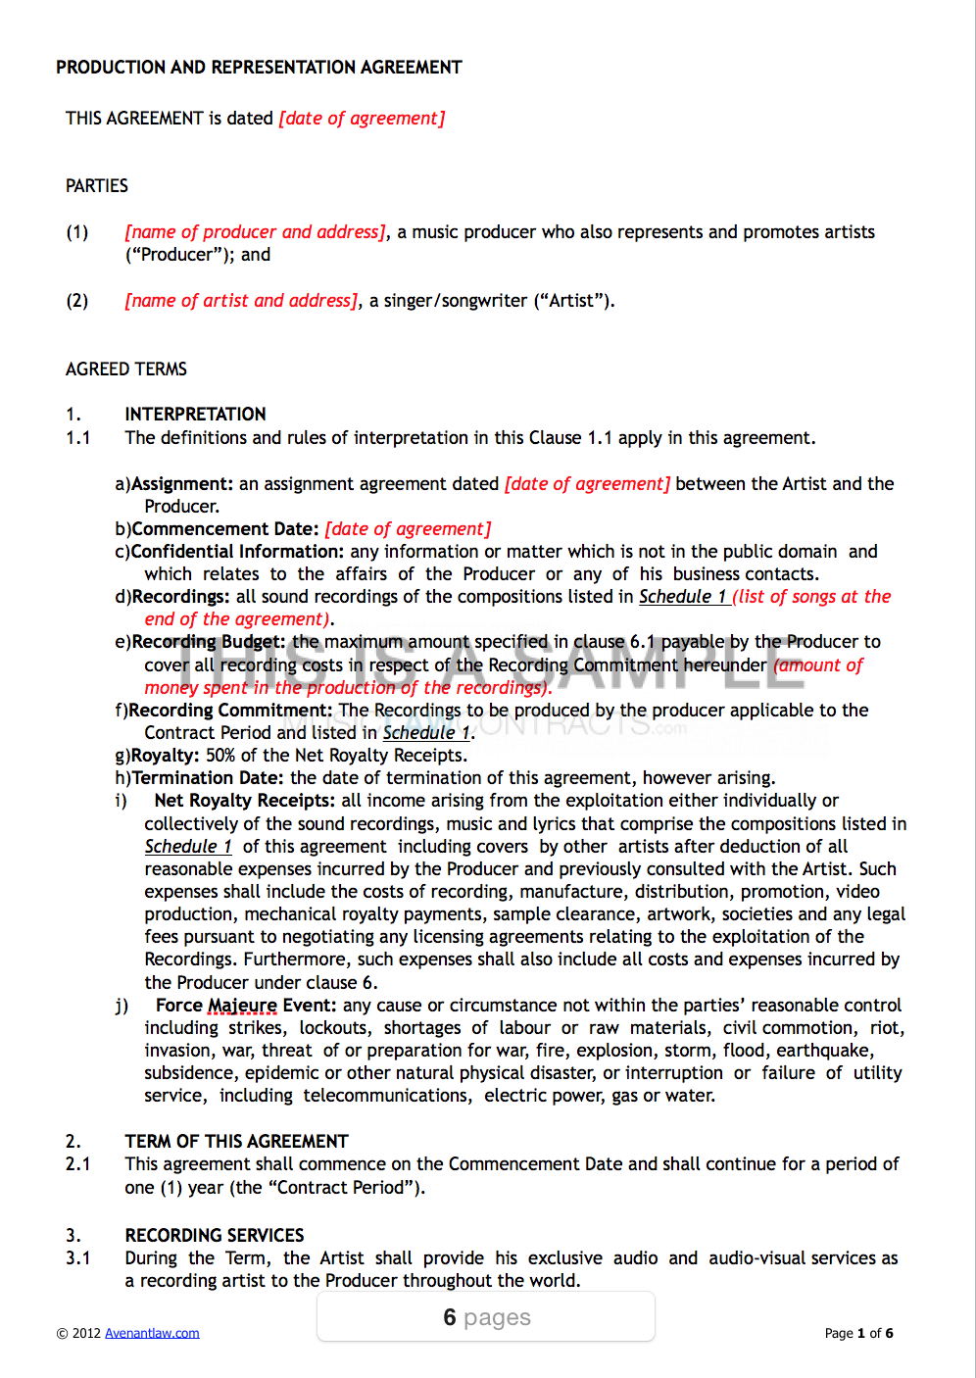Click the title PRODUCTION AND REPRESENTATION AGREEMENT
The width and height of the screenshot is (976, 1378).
pos(259,68)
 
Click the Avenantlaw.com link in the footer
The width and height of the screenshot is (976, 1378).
pos(152,1333)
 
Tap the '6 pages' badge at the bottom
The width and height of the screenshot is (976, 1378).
pos(486,1317)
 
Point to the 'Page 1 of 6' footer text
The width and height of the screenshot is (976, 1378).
pos(858,1333)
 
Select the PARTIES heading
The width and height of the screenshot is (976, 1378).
pos(97,186)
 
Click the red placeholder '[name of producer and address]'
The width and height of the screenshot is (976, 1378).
pos(256,232)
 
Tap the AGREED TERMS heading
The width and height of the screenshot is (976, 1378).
pos(126,369)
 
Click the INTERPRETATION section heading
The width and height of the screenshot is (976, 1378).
pos(195,415)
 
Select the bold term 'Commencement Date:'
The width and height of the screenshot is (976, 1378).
pos(225,529)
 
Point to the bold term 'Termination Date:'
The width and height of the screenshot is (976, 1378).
pos(209,778)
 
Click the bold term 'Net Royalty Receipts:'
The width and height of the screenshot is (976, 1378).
pos(245,801)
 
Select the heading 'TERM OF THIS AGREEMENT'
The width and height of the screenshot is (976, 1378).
pos(236,1142)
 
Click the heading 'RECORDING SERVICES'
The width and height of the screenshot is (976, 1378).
pos(215,1236)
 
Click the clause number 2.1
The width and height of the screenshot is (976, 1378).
pos(78,1164)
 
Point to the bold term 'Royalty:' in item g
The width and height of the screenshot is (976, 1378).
pos(166,756)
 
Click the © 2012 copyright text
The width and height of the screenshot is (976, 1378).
pos(78,1333)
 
